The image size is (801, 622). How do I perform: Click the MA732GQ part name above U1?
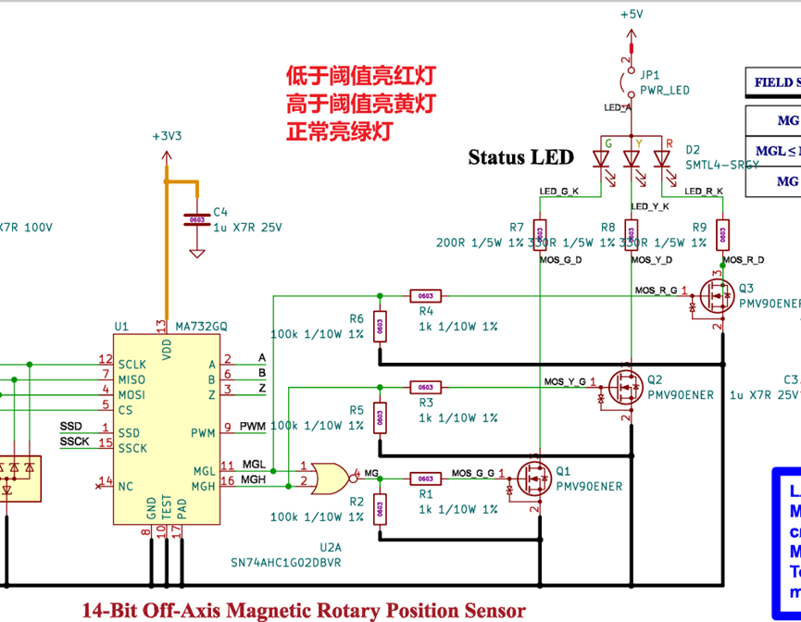coord(202,326)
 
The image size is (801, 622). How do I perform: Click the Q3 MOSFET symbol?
coord(712,296)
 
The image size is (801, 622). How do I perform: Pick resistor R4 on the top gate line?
coord(425,296)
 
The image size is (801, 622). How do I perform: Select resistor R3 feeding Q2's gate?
coord(425,387)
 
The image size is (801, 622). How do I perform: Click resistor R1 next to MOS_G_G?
coord(425,479)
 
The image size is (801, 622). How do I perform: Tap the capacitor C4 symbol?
coord(195,219)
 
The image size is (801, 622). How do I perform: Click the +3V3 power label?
coord(167,135)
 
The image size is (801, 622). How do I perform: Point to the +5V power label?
coord(632,14)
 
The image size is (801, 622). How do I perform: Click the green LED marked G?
coord(602,159)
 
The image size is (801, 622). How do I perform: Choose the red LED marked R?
coord(661,159)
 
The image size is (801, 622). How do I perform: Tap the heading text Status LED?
coord(520,157)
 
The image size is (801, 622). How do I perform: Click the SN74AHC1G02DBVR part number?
coord(286,562)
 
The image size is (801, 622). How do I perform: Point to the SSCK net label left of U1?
coord(75,442)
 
